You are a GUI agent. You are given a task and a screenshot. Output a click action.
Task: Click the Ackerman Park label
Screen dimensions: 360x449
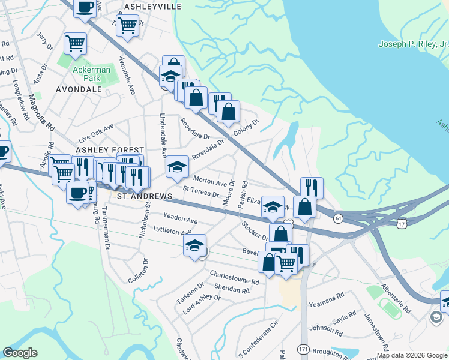point(91,74)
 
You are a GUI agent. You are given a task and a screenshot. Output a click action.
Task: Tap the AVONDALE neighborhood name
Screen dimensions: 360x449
point(79,89)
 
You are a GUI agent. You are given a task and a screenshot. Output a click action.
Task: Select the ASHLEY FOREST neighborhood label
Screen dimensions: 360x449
point(109,149)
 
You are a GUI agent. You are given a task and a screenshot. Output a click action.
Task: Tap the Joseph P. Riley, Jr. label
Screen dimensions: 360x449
point(414,44)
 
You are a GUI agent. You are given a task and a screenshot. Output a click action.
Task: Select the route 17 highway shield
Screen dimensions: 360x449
point(402,223)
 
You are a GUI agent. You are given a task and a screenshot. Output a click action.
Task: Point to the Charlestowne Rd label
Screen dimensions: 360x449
point(234,277)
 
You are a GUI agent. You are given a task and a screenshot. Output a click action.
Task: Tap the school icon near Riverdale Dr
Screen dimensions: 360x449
point(178,167)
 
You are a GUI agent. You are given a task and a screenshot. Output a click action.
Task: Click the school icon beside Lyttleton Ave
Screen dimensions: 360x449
point(195,245)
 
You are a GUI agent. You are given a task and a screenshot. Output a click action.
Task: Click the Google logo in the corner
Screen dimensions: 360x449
point(20,353)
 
